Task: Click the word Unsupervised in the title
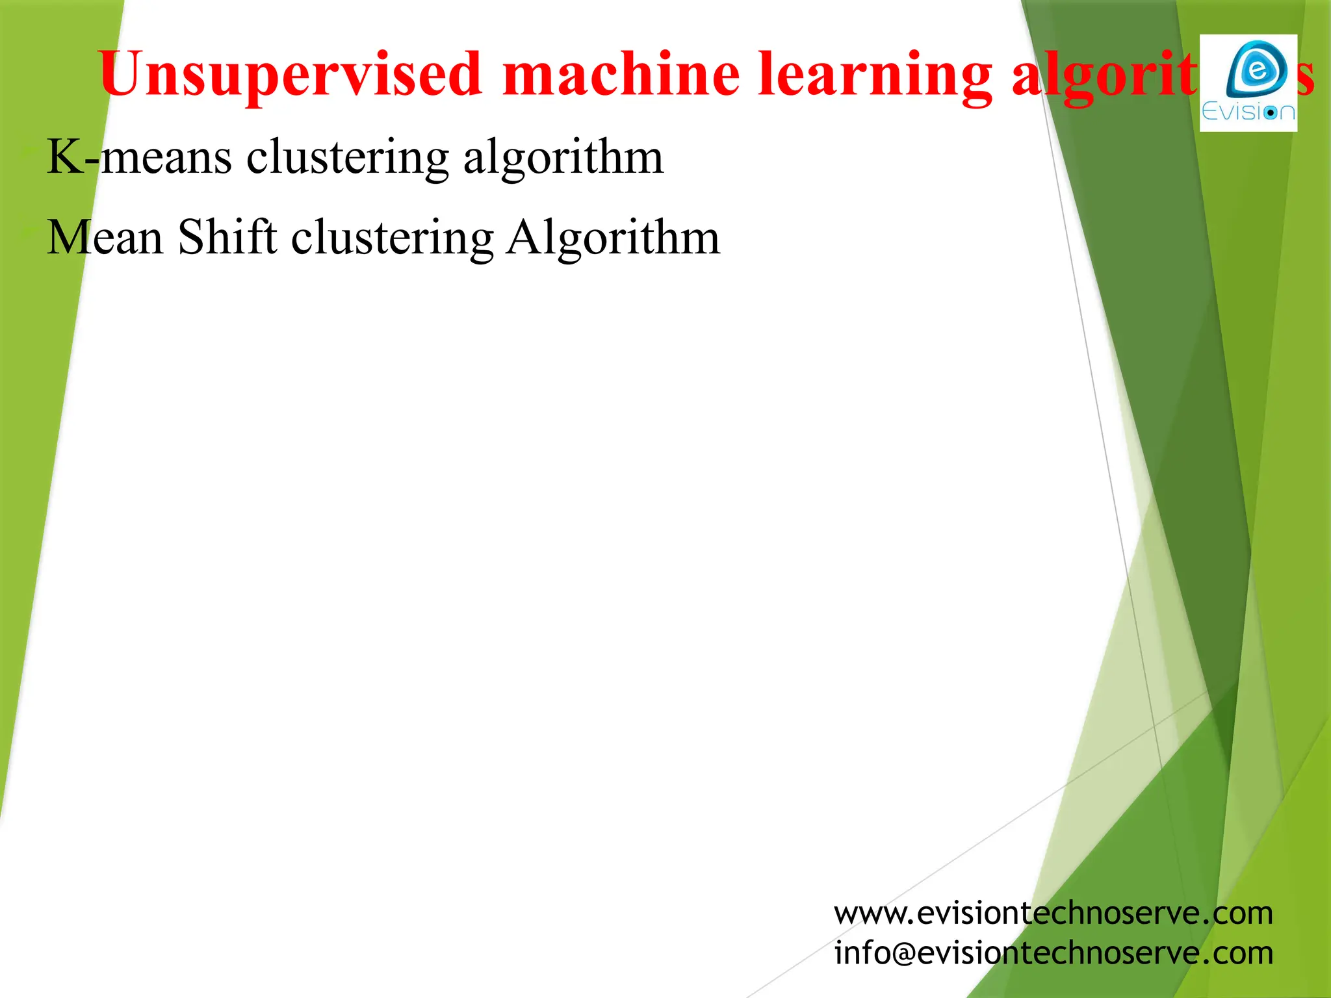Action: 290,75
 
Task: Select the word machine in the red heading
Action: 621,75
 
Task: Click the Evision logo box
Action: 1248,83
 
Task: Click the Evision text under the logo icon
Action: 1248,112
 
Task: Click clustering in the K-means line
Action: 348,157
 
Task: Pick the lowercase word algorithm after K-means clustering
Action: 563,157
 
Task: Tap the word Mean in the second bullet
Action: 105,237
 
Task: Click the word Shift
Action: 227,237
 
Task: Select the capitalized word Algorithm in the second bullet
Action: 613,237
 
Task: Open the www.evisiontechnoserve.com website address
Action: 1053,914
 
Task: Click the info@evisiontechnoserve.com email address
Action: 1053,953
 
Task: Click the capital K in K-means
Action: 65,157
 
